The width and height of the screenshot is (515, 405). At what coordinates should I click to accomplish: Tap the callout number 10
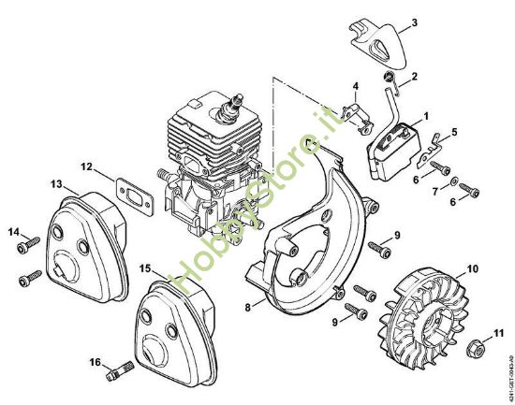(471, 268)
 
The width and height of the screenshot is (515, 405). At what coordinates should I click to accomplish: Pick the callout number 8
(246, 306)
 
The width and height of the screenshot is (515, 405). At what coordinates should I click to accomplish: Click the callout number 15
(145, 268)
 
